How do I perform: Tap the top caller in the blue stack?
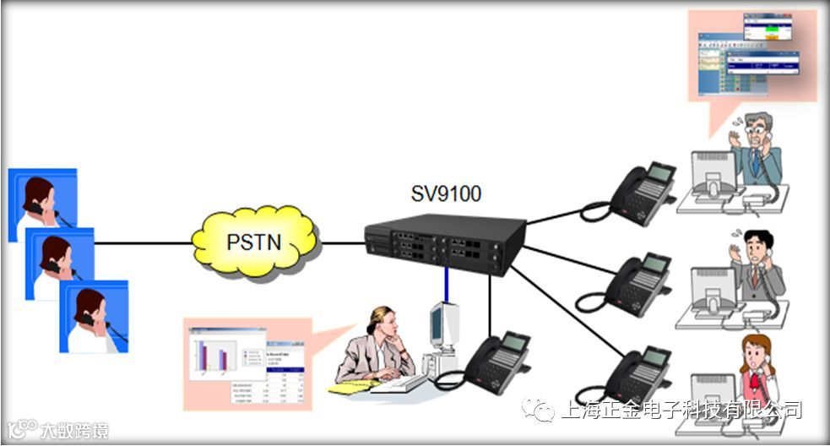pyautogui.click(x=42, y=203)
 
